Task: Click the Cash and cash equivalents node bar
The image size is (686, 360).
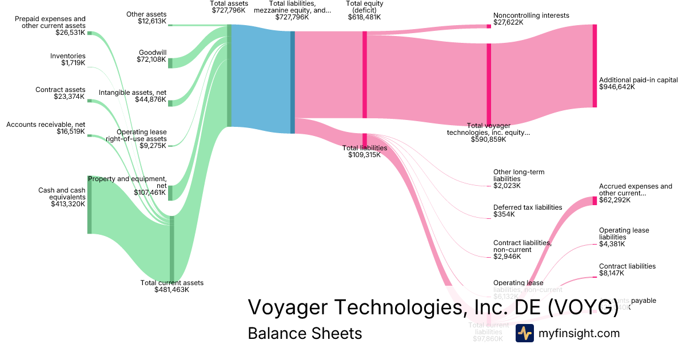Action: point(89,205)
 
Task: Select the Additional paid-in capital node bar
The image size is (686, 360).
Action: point(595,65)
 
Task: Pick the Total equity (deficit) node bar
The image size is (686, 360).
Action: point(365,74)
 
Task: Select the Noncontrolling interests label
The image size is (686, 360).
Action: point(531,19)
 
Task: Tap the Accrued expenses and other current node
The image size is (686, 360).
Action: point(595,201)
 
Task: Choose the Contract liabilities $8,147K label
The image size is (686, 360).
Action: point(627,270)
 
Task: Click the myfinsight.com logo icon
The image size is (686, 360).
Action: point(524,333)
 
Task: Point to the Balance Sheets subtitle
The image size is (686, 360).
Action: point(305,333)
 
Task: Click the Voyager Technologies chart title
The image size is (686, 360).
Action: point(433,307)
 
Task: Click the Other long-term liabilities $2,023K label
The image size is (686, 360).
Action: point(519,178)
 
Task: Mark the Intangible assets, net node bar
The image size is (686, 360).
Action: point(170,102)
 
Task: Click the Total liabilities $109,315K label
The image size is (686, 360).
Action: point(365,151)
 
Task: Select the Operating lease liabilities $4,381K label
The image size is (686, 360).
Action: point(624,237)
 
